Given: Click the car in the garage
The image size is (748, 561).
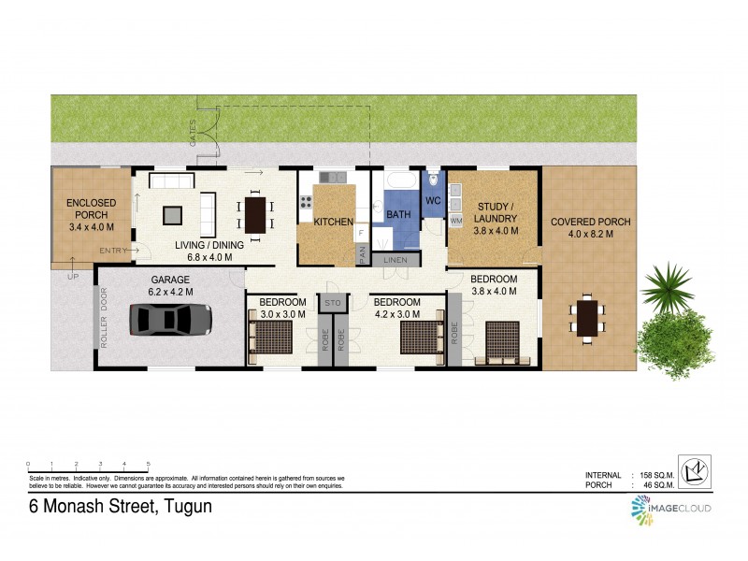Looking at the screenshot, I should pyautogui.click(x=173, y=320).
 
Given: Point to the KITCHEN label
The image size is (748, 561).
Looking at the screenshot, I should pyautogui.click(x=333, y=223).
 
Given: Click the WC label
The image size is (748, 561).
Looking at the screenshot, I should pyautogui.click(x=432, y=200).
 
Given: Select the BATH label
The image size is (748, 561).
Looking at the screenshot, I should pyautogui.click(x=399, y=216).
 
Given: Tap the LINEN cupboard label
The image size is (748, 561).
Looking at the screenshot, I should pyautogui.click(x=395, y=259).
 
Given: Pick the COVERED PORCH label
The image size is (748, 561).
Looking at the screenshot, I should pyautogui.click(x=590, y=222).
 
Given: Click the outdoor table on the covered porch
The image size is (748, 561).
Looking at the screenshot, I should pyautogui.click(x=588, y=317).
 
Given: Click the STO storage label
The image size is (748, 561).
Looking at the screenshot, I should pyautogui.click(x=332, y=303).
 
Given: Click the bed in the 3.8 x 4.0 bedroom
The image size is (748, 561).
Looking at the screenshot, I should pyautogui.click(x=501, y=340).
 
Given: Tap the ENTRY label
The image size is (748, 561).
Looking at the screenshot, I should pyautogui.click(x=112, y=250).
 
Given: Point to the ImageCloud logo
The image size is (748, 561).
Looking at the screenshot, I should pyautogui.click(x=670, y=507).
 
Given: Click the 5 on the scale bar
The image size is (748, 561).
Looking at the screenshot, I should pyautogui.click(x=148, y=464).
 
